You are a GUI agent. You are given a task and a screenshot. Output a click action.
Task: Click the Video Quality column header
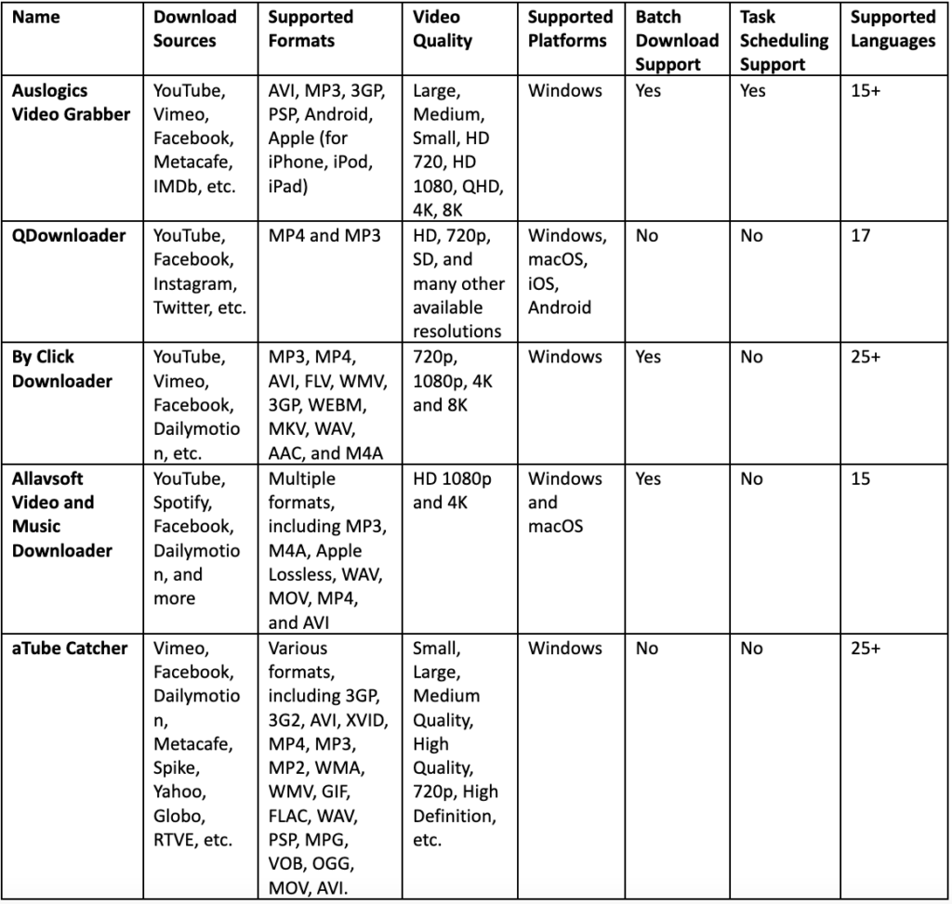point(443,29)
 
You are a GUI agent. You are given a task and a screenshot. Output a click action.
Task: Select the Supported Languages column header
point(892,29)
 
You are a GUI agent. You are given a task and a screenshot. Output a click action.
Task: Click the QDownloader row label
point(69,236)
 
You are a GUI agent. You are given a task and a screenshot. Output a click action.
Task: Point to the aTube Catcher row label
point(70,649)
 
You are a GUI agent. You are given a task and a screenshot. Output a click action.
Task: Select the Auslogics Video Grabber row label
point(71,103)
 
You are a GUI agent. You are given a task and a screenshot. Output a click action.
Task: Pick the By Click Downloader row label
point(62,369)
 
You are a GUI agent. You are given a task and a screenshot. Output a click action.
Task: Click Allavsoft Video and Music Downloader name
point(62,515)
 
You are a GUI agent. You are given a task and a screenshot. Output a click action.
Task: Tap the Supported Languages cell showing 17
point(861,236)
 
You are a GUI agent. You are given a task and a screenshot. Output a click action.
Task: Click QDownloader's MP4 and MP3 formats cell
point(324,236)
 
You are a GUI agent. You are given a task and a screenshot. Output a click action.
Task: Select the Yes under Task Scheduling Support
point(753,91)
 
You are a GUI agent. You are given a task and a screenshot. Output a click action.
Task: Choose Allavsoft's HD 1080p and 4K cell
point(452,491)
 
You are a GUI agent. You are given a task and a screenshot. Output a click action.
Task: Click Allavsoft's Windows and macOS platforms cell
point(565,503)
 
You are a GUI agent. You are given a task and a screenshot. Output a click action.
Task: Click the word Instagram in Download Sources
point(194,284)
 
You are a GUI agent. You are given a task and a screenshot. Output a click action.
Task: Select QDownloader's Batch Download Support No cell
point(647,236)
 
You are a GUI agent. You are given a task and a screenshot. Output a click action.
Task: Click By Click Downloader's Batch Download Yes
point(649,358)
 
